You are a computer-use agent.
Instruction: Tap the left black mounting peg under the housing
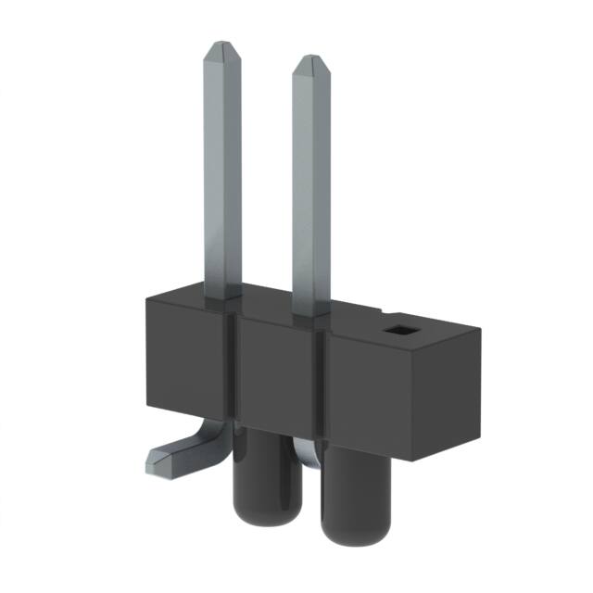(x=255, y=473)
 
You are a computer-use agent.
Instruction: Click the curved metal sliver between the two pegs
(x=306, y=449)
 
